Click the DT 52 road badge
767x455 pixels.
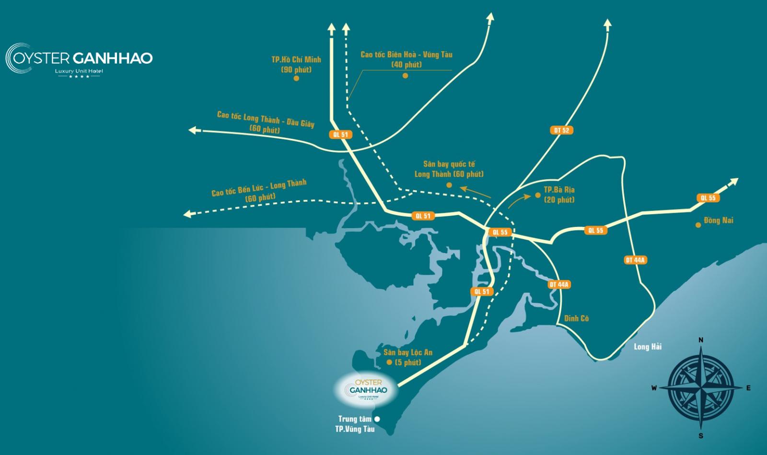click(561, 130)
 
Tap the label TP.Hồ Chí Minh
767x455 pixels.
click(296, 60)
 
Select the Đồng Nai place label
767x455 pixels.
click(719, 221)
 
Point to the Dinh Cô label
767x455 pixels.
click(576, 318)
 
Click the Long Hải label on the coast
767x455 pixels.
click(647, 347)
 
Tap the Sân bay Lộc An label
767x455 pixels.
click(407, 353)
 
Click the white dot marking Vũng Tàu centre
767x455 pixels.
click(377, 419)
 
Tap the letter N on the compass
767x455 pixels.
click(701, 340)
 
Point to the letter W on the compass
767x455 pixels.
click(654, 388)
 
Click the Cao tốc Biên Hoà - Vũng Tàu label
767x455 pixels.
click(407, 55)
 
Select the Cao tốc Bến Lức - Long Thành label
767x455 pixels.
click(259, 187)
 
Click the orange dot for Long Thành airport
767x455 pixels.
click(449, 185)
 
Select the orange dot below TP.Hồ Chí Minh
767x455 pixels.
click(296, 78)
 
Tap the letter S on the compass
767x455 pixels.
click(701, 436)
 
